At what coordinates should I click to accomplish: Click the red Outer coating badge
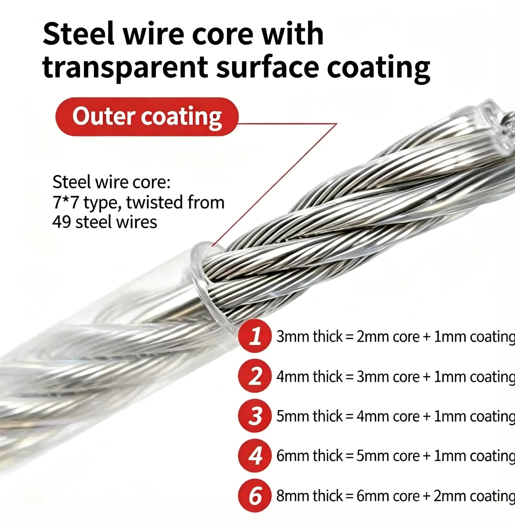[147, 117]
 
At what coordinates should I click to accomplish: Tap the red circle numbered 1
[255, 336]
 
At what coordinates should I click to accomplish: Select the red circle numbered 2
[255, 376]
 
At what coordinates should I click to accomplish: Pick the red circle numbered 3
[255, 416]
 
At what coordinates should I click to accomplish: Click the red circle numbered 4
[255, 455]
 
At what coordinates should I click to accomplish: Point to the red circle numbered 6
[255, 495]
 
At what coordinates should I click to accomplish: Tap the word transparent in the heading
[125, 68]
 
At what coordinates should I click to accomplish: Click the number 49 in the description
[61, 222]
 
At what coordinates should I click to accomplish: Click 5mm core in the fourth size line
[388, 456]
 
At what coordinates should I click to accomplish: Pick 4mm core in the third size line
[388, 416]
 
